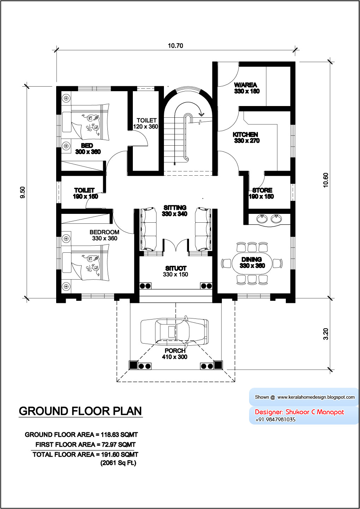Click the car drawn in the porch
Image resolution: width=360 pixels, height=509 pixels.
[x=174, y=332]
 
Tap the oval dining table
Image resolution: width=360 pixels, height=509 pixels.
[x=252, y=263]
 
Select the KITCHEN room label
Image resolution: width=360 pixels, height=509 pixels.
[x=246, y=135]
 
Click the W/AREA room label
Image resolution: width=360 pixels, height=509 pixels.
[x=246, y=85]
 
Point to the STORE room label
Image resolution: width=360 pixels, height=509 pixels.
[x=262, y=190]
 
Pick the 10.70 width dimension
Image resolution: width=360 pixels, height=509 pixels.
[x=175, y=46]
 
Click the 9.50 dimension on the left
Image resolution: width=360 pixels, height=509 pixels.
[x=23, y=192]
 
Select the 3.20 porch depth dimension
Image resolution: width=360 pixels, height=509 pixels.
[x=326, y=334]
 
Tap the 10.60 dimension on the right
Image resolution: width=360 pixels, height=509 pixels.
[x=326, y=180]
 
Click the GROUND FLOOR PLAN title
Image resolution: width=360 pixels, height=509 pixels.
[x=80, y=411]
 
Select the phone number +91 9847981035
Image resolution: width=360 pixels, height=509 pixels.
[x=275, y=420]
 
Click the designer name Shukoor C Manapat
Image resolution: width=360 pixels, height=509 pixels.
[x=314, y=412]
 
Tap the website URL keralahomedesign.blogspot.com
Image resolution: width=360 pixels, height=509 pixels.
[x=316, y=397]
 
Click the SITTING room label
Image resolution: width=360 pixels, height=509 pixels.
[x=175, y=207]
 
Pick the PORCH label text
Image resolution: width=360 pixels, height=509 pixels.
[x=175, y=351]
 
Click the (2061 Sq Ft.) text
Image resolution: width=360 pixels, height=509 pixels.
[x=118, y=463]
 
